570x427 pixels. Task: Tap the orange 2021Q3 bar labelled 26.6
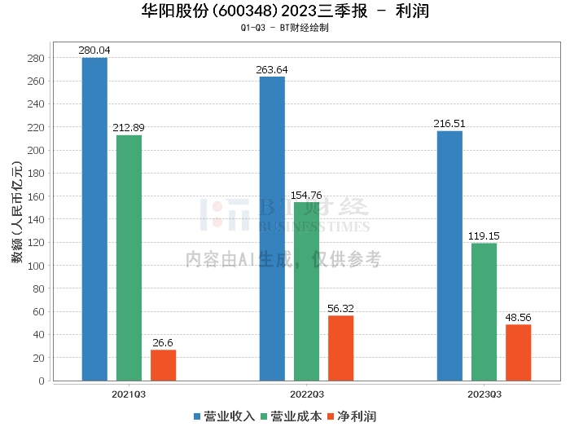click(x=163, y=365)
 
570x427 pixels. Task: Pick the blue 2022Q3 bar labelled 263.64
click(x=272, y=228)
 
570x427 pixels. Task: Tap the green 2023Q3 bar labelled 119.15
click(x=484, y=311)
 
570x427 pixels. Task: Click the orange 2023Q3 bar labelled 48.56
click(x=518, y=352)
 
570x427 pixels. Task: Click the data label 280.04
click(x=94, y=51)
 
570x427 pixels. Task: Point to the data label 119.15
click(x=484, y=236)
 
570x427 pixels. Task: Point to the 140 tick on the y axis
click(x=37, y=220)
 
